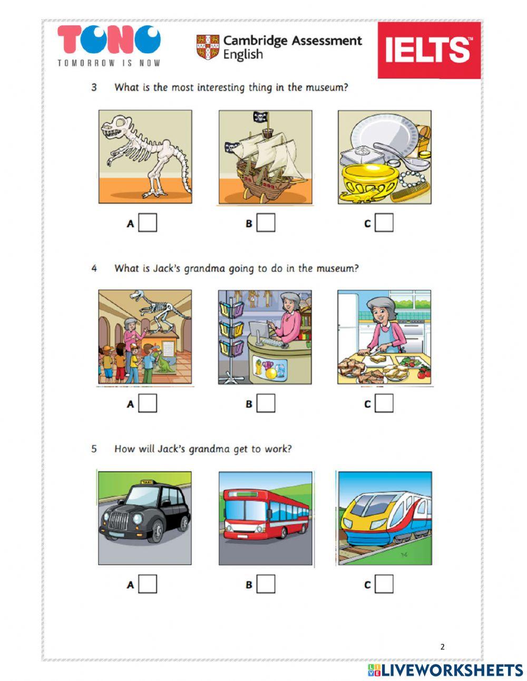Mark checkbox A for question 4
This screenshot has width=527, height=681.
pos(148,404)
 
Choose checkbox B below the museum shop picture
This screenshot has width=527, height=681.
pos(266,404)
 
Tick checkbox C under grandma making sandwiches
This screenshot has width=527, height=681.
pos(384,404)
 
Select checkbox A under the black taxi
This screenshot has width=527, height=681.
pos(148,584)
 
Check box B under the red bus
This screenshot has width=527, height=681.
pos(266,584)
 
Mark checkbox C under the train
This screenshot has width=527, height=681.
pos(384,584)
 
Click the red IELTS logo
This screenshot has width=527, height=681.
pos(429,50)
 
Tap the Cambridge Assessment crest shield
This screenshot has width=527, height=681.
pos(208,47)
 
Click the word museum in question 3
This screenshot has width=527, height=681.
pos(327,88)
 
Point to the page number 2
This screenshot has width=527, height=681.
pos(442,647)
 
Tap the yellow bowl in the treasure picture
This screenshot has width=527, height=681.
pos(368,179)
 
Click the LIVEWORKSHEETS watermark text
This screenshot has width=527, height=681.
pos(452,670)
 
